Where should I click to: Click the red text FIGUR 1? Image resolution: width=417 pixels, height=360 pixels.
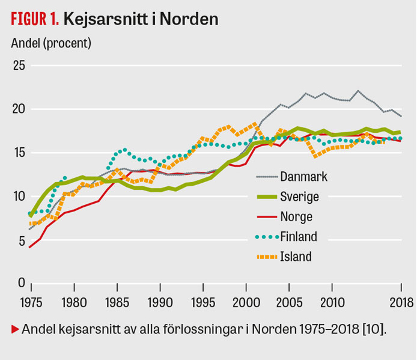(35, 19)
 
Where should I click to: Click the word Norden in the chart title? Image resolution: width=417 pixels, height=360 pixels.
(189, 19)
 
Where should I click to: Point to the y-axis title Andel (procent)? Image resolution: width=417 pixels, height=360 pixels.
(51, 43)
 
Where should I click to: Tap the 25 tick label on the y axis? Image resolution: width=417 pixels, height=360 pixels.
(19, 66)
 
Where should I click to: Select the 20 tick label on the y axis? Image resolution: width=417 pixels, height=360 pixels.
(19, 109)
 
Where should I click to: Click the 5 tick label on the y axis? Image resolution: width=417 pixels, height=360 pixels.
(22, 241)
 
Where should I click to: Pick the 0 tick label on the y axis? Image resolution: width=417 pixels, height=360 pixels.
(22, 282)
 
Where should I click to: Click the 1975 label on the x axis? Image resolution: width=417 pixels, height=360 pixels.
(31, 303)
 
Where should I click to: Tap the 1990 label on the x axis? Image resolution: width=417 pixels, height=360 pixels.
(160, 303)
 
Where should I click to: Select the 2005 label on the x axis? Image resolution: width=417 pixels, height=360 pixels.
(289, 303)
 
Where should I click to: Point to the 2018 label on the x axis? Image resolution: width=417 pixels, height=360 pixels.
(401, 303)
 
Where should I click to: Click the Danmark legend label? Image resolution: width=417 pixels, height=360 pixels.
(303, 177)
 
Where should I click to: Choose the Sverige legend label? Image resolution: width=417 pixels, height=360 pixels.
(299, 197)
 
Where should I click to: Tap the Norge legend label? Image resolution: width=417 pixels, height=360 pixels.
(296, 217)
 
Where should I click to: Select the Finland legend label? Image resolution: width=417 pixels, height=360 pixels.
(299, 237)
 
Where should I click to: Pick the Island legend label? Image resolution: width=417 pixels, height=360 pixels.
(296, 257)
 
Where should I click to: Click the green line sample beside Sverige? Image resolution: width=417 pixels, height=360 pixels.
(267, 197)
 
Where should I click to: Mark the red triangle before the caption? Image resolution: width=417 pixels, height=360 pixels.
(15, 329)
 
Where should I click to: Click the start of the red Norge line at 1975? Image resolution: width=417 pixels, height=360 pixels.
(29, 248)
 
